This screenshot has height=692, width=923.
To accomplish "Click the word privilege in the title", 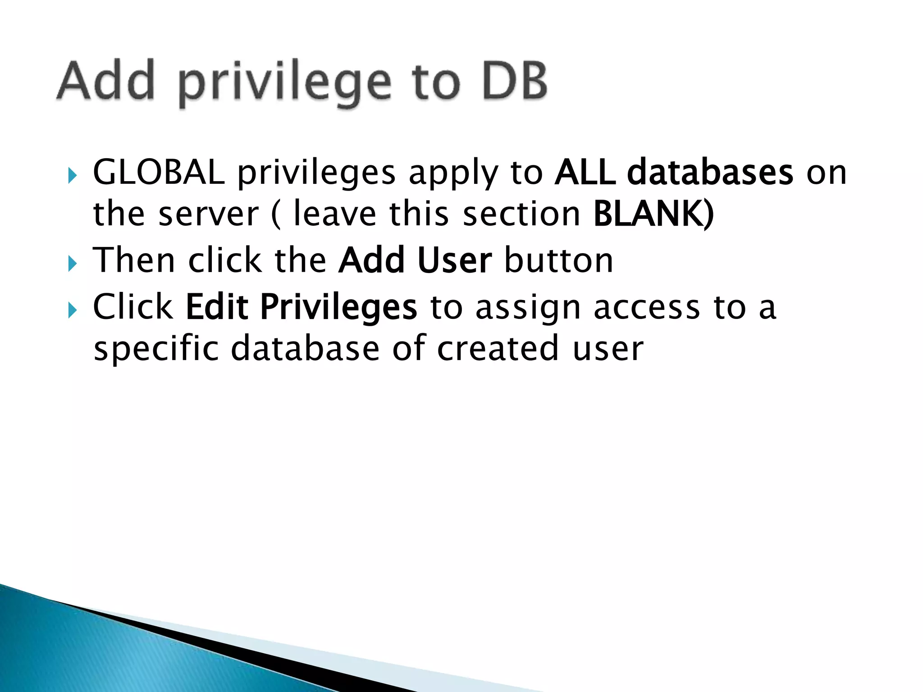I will click(285, 83).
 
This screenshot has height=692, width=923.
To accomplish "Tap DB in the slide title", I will click(515, 81).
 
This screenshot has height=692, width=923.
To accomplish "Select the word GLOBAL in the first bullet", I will click(159, 172).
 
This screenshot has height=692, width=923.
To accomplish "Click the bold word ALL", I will click(585, 172).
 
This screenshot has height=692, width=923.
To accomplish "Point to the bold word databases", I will click(710, 172).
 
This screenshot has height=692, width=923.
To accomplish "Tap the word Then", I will click(134, 260).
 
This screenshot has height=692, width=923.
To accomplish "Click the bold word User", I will click(454, 260).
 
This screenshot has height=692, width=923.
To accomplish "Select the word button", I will click(559, 260).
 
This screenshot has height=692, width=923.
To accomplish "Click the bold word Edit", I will click(217, 307).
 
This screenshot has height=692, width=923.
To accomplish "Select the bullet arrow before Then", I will click(73, 263).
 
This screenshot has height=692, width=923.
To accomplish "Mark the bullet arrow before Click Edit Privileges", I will click(73, 310).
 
